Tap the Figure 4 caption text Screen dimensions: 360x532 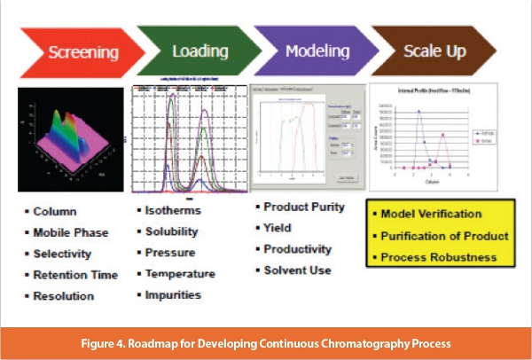click(266, 341)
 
